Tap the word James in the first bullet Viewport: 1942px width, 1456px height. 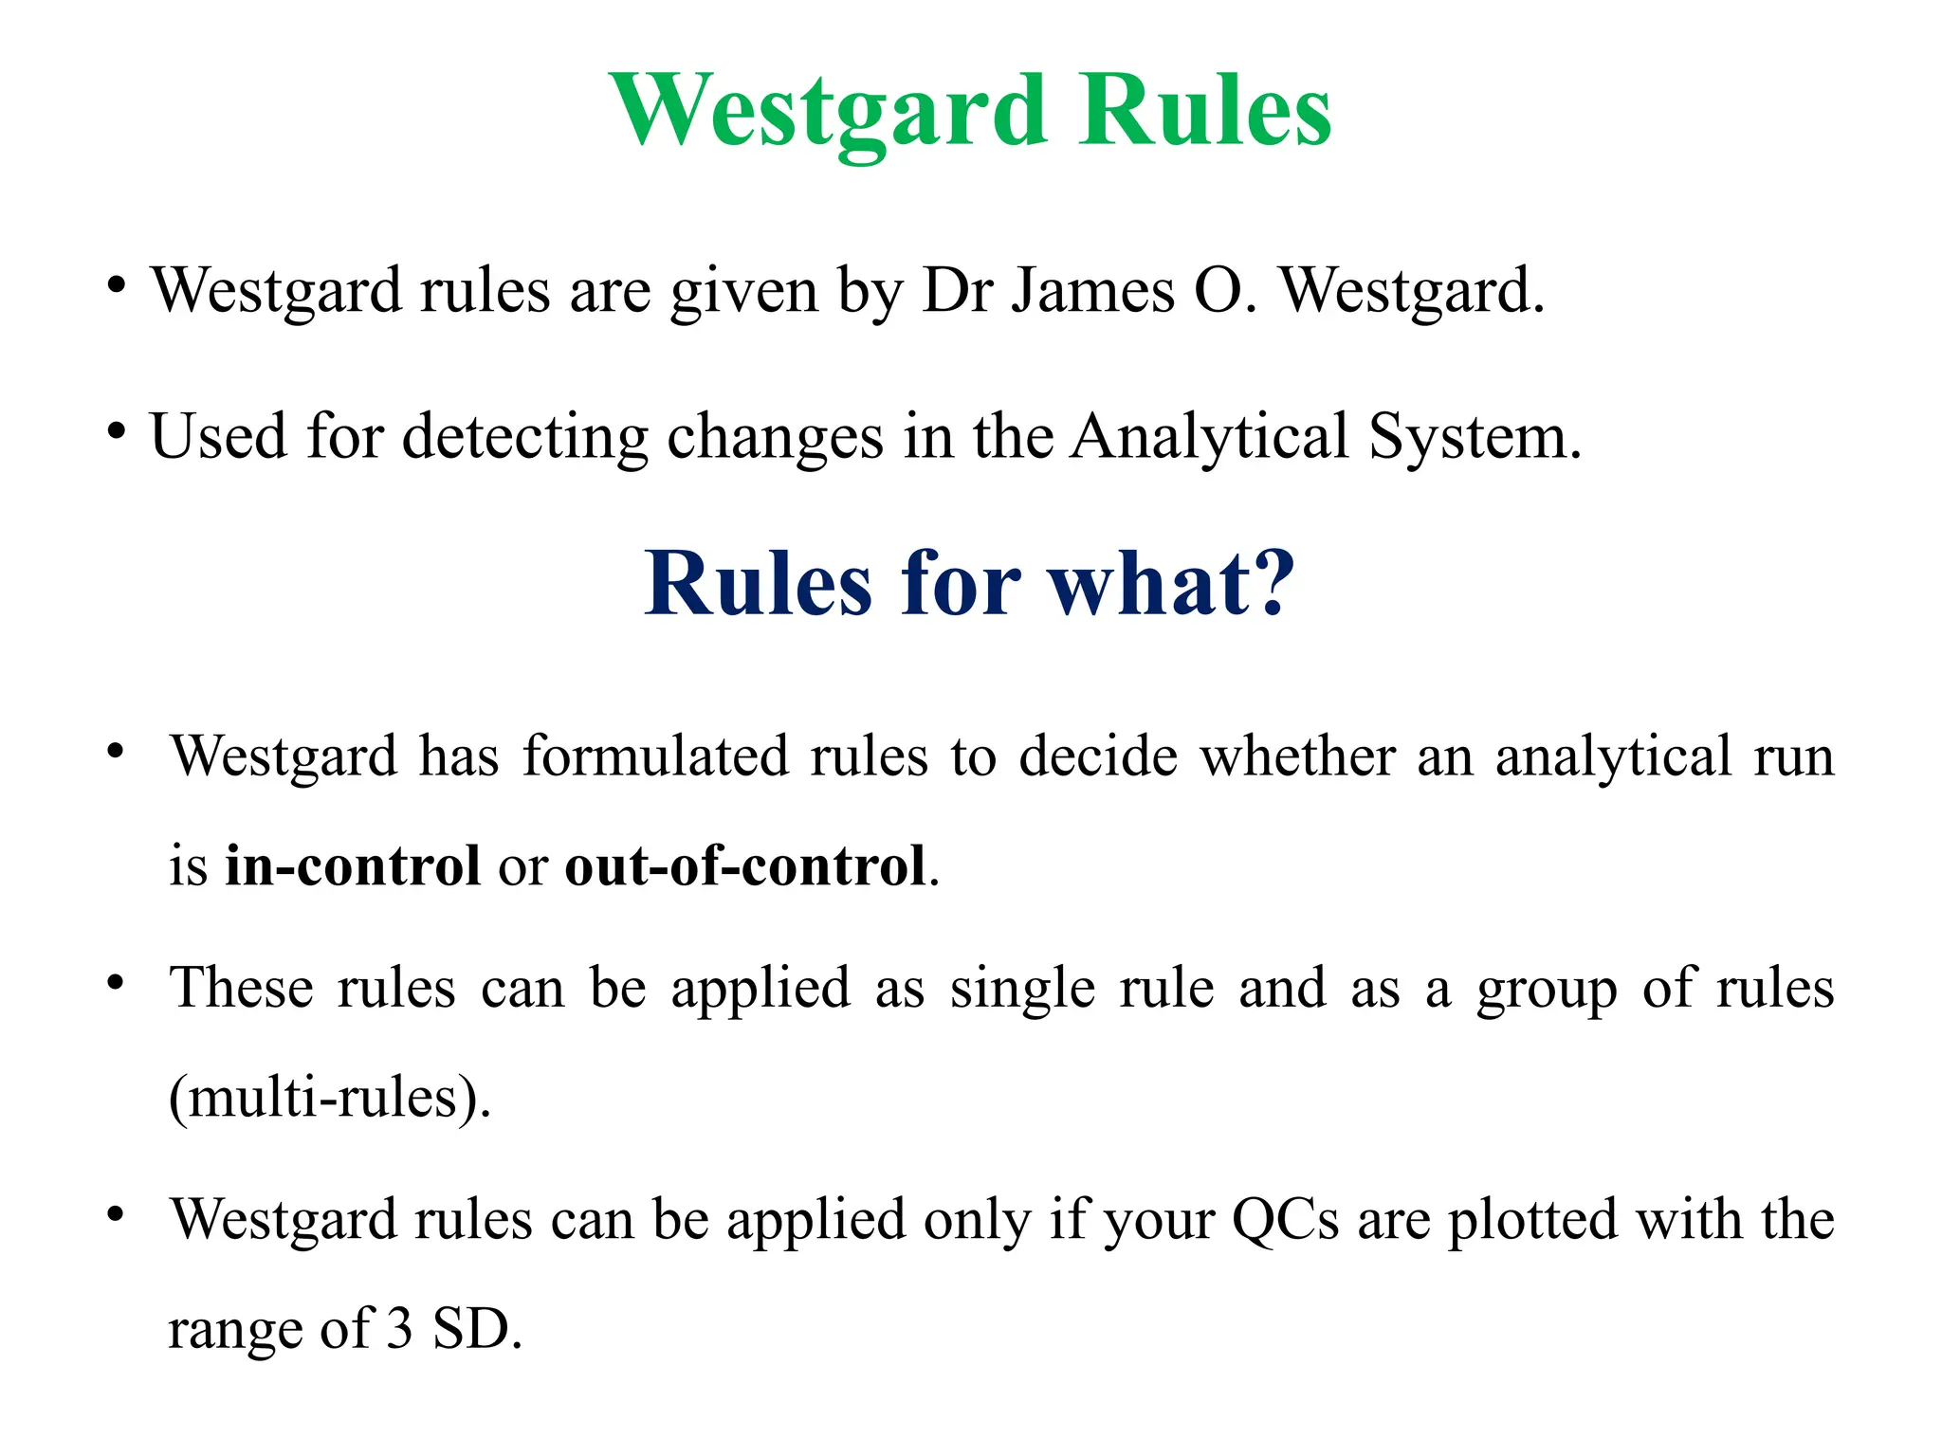pyautogui.click(x=1092, y=290)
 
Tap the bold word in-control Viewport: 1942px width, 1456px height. pyautogui.click(x=353, y=865)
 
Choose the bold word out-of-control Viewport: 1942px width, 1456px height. pyautogui.click(x=745, y=865)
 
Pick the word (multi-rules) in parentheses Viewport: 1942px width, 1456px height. pyautogui.click(x=329, y=1098)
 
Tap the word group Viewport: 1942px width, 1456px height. pyautogui.click(x=1547, y=988)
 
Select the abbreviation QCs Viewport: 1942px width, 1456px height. pyautogui.click(x=1285, y=1219)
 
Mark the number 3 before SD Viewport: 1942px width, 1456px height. pyautogui.click(x=399, y=1329)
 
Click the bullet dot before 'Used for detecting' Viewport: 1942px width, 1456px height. pyautogui.click(x=116, y=432)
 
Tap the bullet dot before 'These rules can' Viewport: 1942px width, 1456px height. pyautogui.click(x=116, y=983)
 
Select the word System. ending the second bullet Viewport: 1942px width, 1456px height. pyautogui.click(x=1475, y=438)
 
